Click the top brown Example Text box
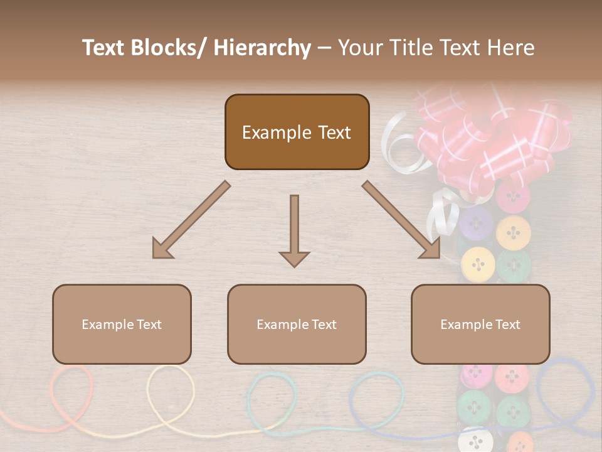[297, 132]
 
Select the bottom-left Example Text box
[122, 324]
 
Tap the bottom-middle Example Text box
[297, 324]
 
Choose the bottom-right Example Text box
[480, 324]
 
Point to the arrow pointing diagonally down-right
[401, 220]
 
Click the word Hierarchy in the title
[262, 48]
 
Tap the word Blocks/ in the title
[168, 48]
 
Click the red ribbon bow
[495, 135]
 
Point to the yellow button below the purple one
[478, 264]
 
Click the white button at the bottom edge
[476, 441]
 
